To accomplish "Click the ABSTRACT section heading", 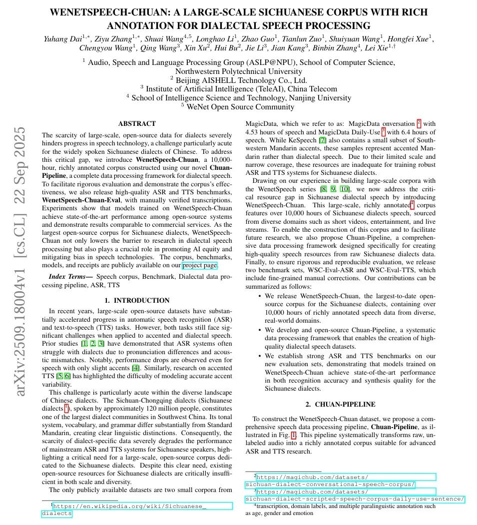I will click(136, 123).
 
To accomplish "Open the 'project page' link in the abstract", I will click(200, 265).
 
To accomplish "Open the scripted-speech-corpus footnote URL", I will click(356, 499).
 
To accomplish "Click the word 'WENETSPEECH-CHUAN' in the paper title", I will click(115, 12).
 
